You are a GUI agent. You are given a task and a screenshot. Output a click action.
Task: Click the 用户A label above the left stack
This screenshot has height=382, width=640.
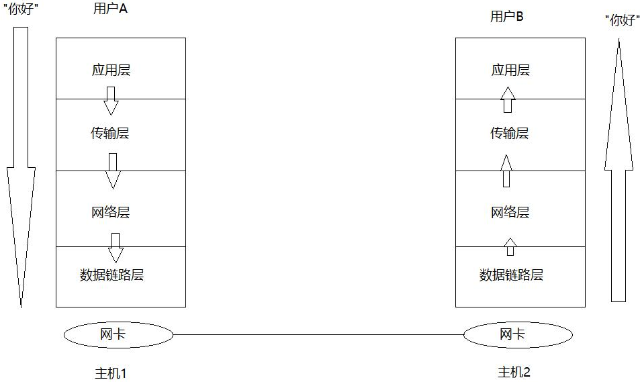[110, 10]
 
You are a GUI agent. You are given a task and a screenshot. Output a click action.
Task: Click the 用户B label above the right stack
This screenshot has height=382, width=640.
[507, 17]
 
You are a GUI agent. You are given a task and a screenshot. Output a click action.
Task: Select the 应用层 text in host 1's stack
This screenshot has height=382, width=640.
[111, 70]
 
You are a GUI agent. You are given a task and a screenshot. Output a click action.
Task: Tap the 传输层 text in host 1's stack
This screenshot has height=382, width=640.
[109, 133]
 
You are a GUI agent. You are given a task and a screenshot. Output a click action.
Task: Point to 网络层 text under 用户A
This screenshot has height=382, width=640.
[110, 213]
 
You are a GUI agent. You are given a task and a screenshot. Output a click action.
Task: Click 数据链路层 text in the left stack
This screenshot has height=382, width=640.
[112, 275]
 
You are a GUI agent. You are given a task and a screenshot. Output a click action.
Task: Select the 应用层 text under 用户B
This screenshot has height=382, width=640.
[510, 70]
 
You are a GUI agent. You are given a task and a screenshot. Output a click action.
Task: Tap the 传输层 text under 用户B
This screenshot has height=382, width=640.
[509, 133]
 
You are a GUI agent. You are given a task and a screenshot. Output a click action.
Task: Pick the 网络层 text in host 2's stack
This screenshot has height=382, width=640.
[510, 213]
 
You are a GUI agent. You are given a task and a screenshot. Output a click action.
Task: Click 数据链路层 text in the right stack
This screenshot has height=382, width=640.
[511, 275]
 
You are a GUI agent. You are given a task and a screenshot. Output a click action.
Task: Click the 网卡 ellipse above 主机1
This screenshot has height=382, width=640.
[118, 334]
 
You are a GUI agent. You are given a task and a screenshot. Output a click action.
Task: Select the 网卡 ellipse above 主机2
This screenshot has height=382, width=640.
[518, 334]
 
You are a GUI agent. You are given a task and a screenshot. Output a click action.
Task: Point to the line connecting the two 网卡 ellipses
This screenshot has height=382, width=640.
[318, 334]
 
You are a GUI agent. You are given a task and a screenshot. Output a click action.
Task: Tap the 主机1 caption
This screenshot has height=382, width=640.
[110, 373]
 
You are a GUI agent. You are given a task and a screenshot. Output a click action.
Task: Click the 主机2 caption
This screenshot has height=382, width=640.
[514, 372]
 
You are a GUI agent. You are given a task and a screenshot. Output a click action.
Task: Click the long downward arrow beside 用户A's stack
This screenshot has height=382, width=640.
[21, 168]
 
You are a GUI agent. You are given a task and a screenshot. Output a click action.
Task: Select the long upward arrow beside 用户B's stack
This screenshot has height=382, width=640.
[619, 168]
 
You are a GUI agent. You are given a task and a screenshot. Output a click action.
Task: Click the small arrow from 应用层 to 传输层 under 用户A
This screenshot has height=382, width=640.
[111, 101]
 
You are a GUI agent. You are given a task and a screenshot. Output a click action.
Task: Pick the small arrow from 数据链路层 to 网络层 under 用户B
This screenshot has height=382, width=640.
[510, 246]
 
